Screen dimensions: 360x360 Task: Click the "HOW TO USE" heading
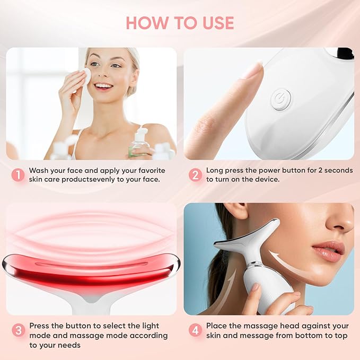[180, 23]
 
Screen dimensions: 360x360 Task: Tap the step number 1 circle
[18, 175]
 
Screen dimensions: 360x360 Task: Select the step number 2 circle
[195, 175]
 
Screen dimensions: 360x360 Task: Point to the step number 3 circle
[18, 330]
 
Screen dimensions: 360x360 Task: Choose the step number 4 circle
[195, 330]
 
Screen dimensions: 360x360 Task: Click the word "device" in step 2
[265, 180]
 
